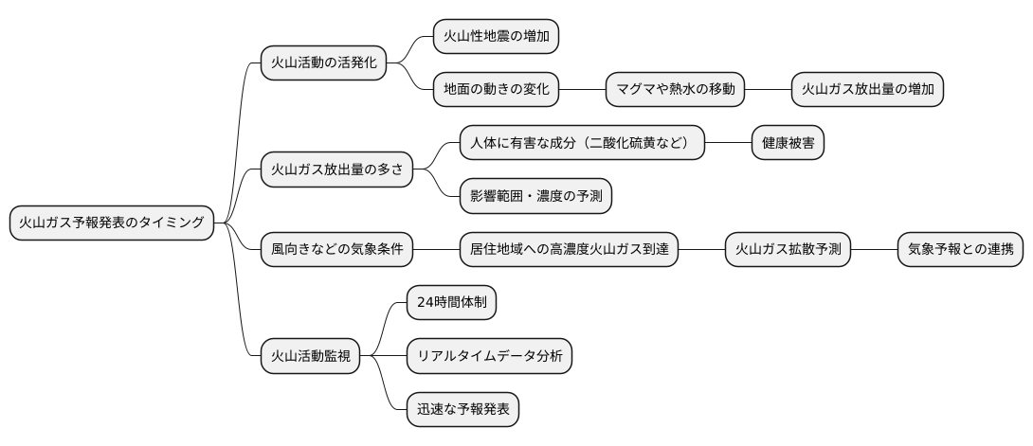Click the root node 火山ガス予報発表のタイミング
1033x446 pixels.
112,223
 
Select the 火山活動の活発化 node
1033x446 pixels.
323,63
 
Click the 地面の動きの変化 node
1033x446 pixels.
496,90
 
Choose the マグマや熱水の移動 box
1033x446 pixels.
675,90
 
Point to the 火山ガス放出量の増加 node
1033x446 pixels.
867,90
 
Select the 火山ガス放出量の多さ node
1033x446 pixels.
336,170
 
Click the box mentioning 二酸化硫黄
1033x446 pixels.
582,144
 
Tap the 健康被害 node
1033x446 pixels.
788,144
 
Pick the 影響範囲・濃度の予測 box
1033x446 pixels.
535,197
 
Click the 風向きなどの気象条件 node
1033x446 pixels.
336,250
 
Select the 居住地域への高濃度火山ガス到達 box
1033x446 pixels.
569,250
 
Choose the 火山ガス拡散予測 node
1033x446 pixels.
788,250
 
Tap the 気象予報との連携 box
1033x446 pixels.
960,250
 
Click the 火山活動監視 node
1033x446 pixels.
310,356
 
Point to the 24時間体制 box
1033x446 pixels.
450,303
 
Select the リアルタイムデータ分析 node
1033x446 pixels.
489,356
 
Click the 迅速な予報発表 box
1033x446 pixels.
462,409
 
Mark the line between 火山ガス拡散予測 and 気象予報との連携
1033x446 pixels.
874,250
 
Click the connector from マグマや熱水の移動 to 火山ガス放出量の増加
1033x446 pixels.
768,90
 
